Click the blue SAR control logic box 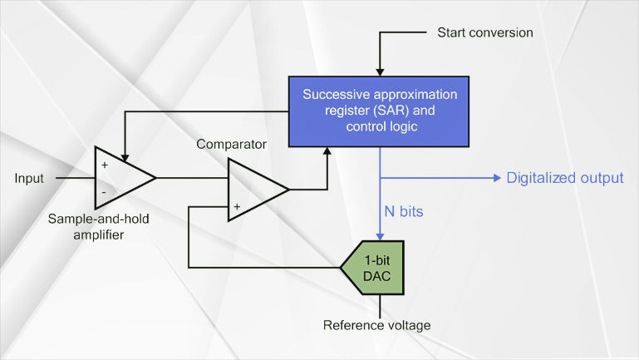tap(379, 111)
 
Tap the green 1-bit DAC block tap(373, 268)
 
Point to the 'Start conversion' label tap(485, 32)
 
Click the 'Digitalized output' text tap(565, 178)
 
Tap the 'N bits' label tap(404, 211)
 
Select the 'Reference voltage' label tap(377, 325)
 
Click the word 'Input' tap(29, 178)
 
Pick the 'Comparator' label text tap(232, 144)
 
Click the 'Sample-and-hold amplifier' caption tap(99, 227)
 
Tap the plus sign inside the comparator tap(237, 207)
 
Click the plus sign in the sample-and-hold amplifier tap(105, 165)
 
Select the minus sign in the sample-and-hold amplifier tap(104, 192)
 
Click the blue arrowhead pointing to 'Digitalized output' tap(497, 178)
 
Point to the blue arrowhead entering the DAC tap(380, 237)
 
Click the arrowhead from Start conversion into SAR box tap(380, 72)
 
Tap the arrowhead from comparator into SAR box tap(327, 150)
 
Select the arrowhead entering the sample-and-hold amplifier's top tap(125, 158)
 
